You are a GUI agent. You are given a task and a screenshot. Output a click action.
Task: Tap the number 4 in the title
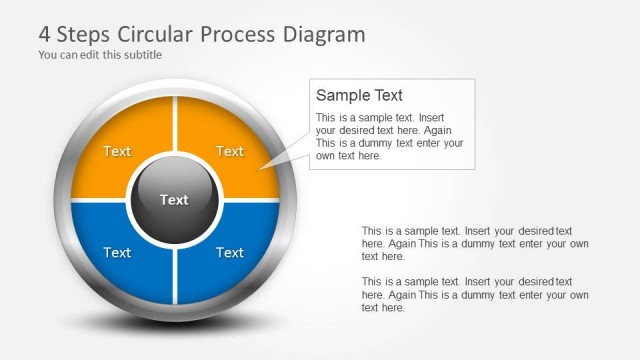point(45,34)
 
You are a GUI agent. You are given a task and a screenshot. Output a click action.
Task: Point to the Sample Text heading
point(359,96)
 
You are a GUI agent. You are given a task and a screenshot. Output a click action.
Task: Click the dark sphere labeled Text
point(174,200)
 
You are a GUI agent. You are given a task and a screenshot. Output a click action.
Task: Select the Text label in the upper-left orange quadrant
point(117,152)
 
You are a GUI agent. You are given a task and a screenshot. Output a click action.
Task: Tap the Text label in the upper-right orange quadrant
point(230,152)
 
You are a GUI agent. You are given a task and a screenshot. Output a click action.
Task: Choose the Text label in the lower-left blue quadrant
point(117,253)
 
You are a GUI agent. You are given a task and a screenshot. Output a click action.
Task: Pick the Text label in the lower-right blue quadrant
point(230,253)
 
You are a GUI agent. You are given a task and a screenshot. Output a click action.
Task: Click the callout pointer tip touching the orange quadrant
point(262,169)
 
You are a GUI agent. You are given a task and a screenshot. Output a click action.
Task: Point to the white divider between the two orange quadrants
point(174,125)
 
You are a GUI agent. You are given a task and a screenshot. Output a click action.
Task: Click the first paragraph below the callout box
point(475,243)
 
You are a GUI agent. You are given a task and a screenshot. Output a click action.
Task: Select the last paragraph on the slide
point(475,295)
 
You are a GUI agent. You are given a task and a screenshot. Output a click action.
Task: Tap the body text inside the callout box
point(389,136)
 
